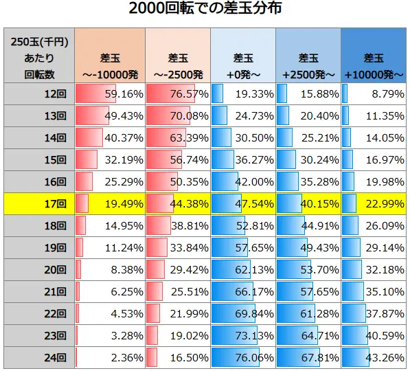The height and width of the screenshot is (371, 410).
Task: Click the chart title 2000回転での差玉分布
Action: (x=205, y=10)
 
